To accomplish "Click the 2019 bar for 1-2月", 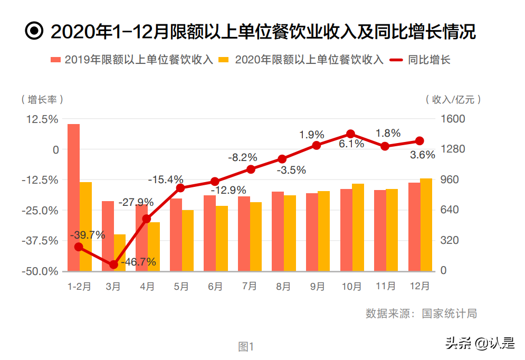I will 73,198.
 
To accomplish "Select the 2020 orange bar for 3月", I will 120,253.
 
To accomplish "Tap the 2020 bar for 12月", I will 426,225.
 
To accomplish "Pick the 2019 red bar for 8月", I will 278,231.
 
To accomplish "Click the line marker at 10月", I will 350,135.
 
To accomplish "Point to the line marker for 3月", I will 113,264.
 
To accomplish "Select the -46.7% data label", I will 138,262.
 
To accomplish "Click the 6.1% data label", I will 351,144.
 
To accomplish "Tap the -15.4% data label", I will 165,179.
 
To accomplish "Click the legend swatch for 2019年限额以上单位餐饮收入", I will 56,60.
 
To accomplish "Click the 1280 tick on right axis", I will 453,149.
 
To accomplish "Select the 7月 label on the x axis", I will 249,287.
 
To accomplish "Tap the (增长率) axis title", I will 42,99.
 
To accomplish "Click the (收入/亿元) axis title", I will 453,99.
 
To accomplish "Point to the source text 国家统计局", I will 449,314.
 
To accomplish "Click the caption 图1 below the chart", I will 246,347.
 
